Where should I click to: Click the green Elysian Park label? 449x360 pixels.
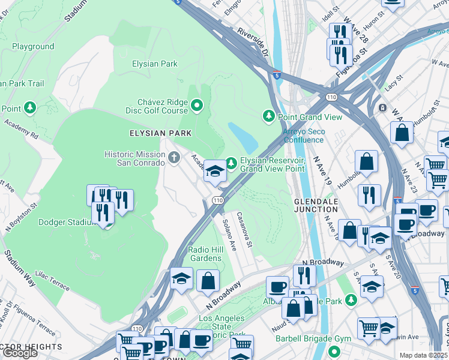pos(154,63)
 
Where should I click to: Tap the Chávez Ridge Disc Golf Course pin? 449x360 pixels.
pos(197,106)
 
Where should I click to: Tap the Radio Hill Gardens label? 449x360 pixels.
pos(206,254)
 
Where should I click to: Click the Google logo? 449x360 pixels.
pos(20,353)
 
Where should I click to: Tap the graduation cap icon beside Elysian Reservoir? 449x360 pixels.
pos(214,171)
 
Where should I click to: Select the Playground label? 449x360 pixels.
pos(33,46)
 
